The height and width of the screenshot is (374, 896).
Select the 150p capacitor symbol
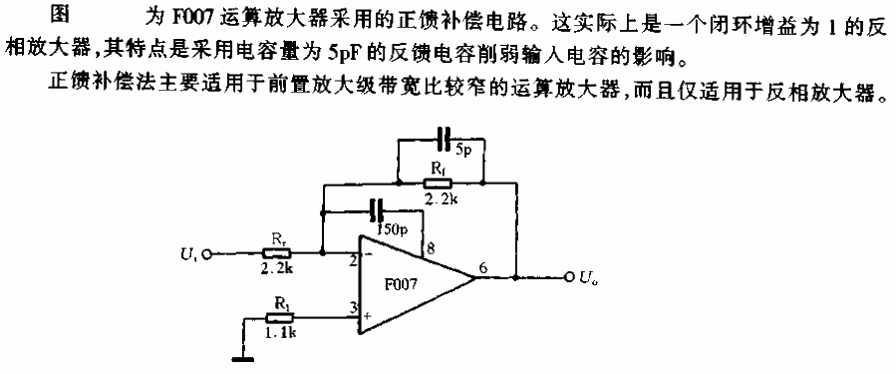[x=376, y=210]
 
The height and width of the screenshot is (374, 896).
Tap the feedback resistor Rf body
[x=437, y=183]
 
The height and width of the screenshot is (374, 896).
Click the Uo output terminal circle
[x=569, y=277]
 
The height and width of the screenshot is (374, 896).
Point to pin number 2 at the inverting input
[x=354, y=262]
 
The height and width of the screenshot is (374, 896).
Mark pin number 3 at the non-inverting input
[x=354, y=308]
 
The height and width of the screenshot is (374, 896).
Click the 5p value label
[x=463, y=152]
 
